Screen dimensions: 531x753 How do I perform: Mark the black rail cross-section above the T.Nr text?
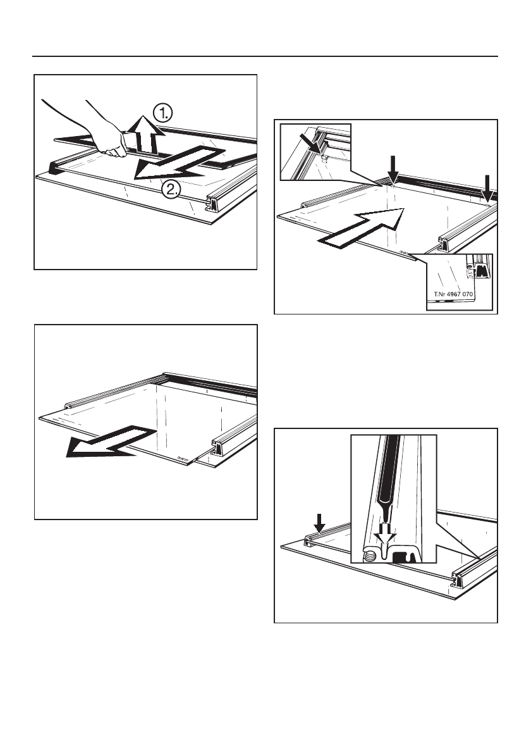(480, 270)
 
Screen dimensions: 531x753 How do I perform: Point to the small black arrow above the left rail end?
(320, 523)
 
